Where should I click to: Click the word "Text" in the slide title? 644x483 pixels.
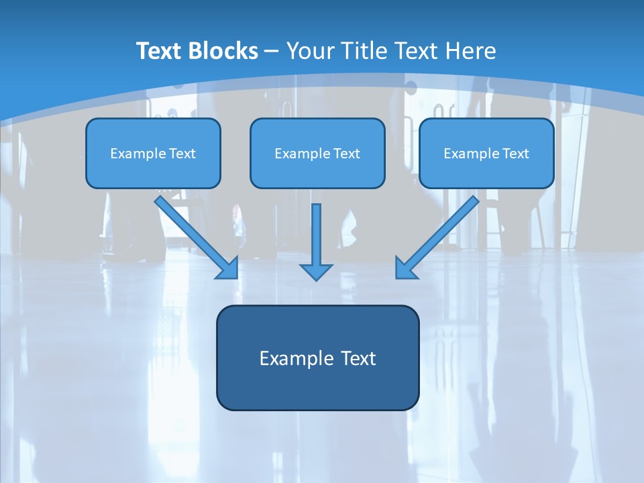[160, 51]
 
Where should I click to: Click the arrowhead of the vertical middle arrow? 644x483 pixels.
[316, 272]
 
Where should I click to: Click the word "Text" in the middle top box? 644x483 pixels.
[347, 154]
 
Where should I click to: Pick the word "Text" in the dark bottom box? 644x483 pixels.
[358, 358]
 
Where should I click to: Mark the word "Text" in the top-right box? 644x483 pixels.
[516, 154]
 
